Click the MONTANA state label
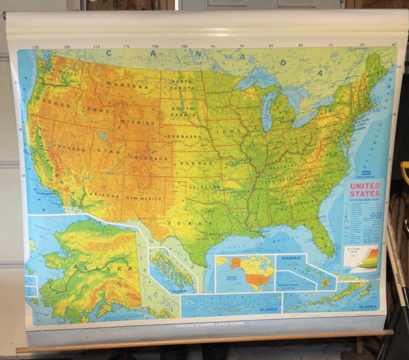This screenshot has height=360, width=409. (x=127, y=85)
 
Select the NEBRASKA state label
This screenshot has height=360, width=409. (x=185, y=137)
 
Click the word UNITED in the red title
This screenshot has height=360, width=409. (x=365, y=186)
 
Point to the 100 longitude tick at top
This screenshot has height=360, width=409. (x=184, y=46)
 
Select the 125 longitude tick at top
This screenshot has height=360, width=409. (x=36, y=47)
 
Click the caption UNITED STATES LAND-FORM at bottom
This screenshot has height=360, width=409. (x=210, y=325)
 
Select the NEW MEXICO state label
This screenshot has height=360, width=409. (x=144, y=198)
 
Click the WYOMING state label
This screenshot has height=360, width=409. (x=138, y=122)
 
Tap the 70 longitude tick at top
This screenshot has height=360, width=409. (x=362, y=45)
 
